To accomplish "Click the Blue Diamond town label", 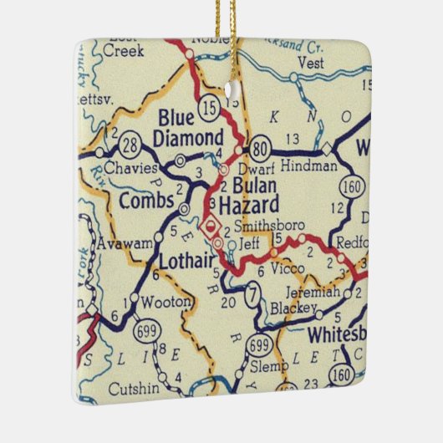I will click(x=189, y=128).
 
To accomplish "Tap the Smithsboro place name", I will click(x=269, y=226).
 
